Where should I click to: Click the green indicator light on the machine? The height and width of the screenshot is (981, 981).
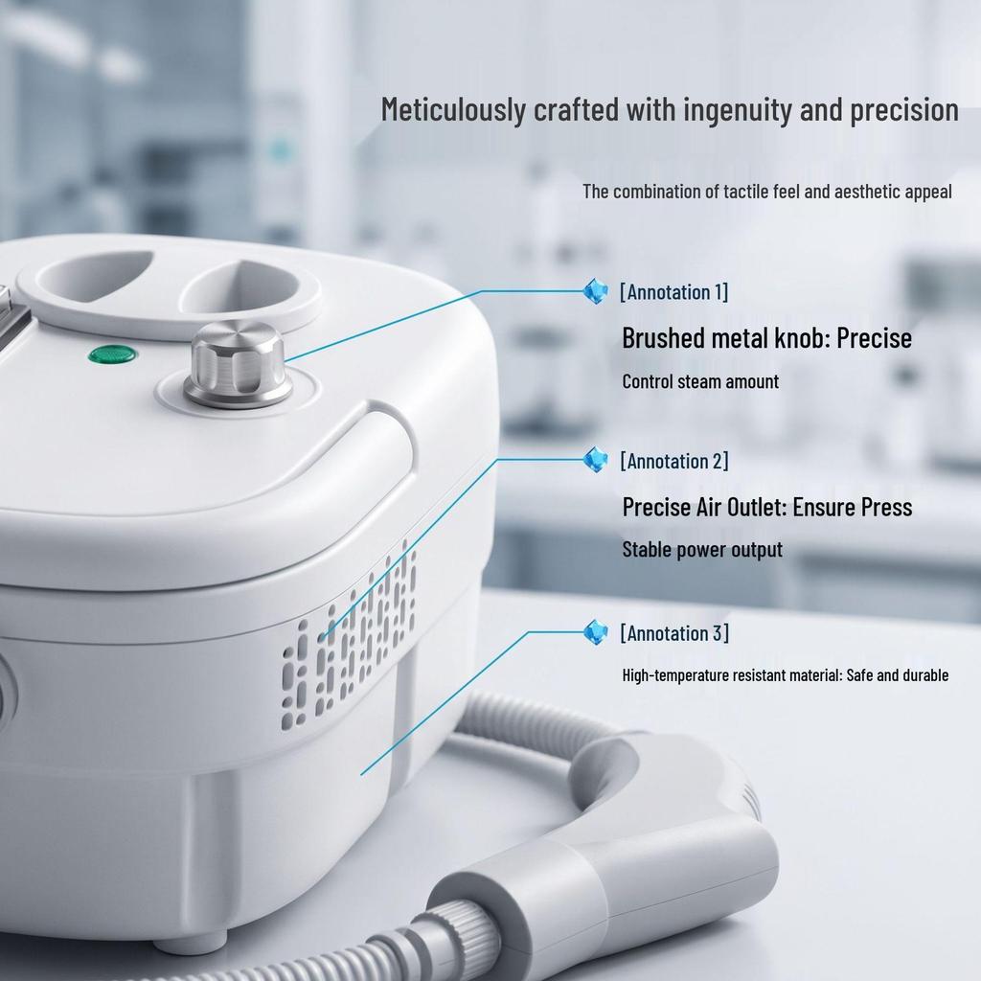(113, 354)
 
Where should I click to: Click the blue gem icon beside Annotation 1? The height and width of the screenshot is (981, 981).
(595, 291)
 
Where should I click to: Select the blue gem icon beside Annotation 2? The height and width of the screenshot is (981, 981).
(595, 460)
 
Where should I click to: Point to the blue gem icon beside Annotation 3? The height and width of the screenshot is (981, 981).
(595, 632)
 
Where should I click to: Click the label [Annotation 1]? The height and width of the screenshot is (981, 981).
(673, 292)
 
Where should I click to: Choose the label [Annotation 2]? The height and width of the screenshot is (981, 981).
(674, 461)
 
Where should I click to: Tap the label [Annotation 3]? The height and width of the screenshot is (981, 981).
(674, 633)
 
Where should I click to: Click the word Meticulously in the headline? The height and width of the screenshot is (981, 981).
(453, 110)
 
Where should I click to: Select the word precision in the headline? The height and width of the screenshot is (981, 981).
(904, 110)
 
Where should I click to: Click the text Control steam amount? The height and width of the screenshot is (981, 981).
(700, 381)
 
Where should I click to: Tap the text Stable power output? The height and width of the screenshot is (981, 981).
(702, 549)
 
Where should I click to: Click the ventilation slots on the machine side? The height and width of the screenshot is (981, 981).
(349, 636)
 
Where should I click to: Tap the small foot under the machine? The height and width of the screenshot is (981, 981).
(191, 941)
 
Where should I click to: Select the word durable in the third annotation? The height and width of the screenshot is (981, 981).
(926, 675)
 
